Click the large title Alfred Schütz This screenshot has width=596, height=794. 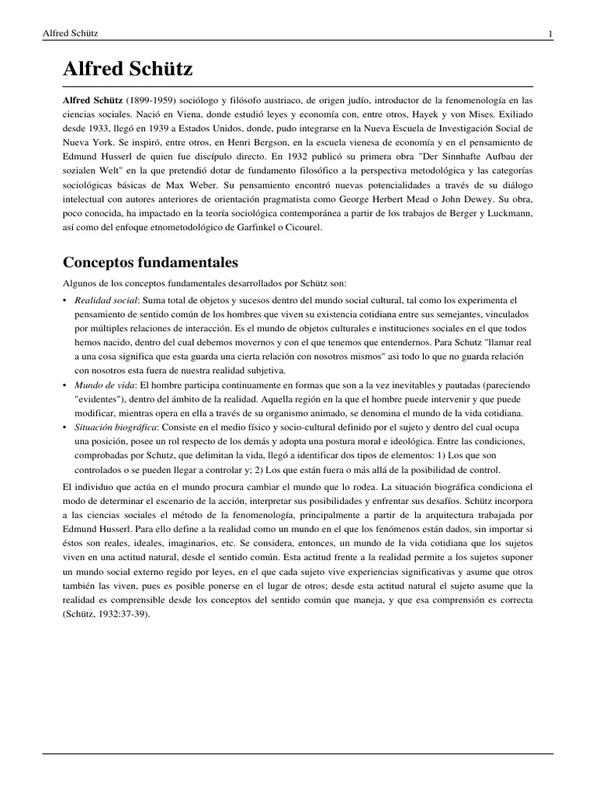click(127, 71)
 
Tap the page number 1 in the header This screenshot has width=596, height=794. click(550, 33)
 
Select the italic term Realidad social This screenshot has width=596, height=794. click(106, 299)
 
